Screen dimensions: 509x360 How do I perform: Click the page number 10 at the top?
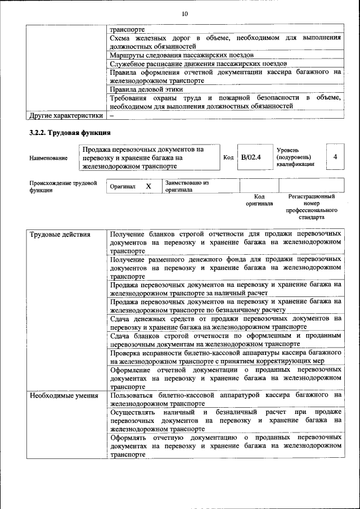(184, 13)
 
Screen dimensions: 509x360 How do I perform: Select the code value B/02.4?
(251, 157)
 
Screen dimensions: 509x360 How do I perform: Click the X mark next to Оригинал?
(148, 186)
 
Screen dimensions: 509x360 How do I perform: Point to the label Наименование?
(48, 159)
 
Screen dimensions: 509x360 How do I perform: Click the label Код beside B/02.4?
(228, 157)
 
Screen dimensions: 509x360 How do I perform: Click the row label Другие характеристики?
(66, 115)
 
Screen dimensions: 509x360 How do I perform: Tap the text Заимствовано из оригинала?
(187, 186)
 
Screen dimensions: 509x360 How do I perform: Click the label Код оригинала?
(259, 200)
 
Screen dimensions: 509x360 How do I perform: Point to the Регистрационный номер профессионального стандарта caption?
(312, 206)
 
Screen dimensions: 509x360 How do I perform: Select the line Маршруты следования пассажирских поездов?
(181, 55)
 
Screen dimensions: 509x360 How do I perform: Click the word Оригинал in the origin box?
(123, 187)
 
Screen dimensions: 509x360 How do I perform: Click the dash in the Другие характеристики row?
(112, 115)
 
